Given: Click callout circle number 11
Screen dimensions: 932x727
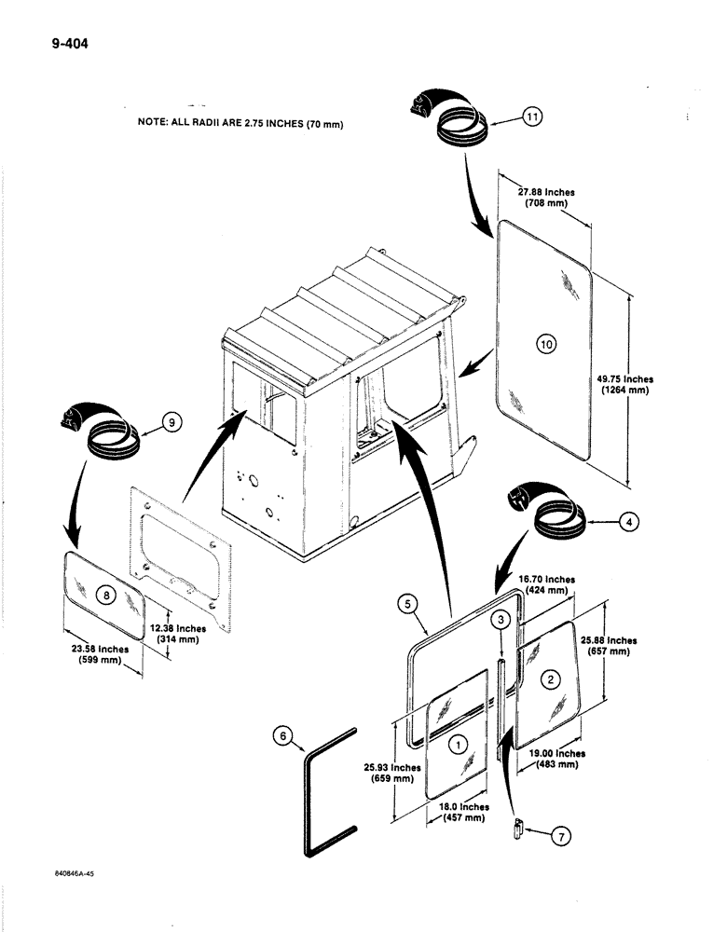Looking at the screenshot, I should pos(532,117).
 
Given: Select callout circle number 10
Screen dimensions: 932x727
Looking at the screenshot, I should pos(545,345).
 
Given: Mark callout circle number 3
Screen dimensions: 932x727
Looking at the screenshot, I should pos(501,620).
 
